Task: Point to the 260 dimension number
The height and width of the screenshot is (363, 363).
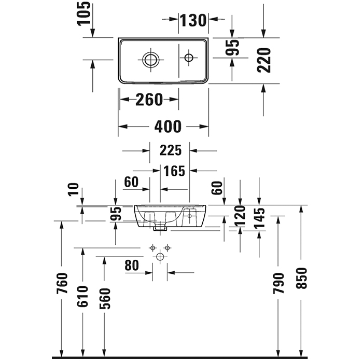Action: coord(149,99)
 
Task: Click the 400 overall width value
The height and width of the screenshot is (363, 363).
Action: coord(168,126)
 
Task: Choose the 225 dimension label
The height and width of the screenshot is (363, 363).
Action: coord(171,150)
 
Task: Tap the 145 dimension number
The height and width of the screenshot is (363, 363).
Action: coord(259,218)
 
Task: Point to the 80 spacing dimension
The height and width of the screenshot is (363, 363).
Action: coord(132,265)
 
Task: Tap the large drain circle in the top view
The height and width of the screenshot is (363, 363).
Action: coord(151,59)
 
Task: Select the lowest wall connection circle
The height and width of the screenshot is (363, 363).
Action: coord(160,257)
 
